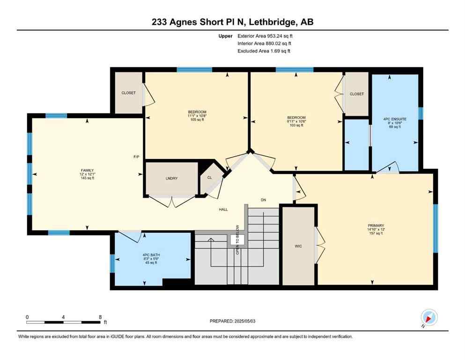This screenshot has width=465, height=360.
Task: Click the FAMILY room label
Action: tap(87, 170)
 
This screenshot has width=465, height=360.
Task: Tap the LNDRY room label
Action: tap(170, 179)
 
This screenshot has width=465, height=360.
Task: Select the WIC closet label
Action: tap(298, 246)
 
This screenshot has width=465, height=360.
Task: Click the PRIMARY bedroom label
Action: tap(376, 225)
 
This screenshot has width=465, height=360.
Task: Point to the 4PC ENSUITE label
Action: tap(394, 119)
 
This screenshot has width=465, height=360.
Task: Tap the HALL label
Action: tap(223, 210)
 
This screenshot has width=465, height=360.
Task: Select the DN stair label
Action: tap(263, 200)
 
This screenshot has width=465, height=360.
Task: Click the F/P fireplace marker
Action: tap(137, 157)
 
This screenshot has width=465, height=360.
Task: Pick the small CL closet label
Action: tap(209, 178)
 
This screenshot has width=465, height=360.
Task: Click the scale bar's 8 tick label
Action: tap(100, 317)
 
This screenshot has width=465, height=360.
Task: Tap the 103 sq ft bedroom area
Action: tap(296, 125)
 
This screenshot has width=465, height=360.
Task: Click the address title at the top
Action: tap(232, 22)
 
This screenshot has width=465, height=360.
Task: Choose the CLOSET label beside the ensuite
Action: tap(357, 94)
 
